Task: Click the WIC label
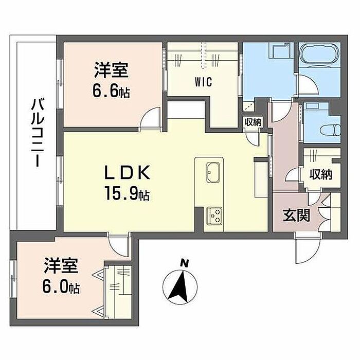(x=203, y=82)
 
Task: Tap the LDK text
(x=128, y=172)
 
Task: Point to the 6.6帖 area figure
(x=111, y=92)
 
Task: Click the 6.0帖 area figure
(x=61, y=287)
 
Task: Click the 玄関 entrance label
(x=296, y=215)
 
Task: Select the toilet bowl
(x=330, y=131)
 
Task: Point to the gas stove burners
(x=214, y=215)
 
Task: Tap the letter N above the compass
(x=184, y=263)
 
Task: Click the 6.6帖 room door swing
(x=151, y=119)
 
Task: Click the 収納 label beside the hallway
(x=320, y=175)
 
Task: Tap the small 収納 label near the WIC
(x=253, y=122)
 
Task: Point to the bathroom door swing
(x=308, y=84)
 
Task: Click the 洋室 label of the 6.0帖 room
(x=61, y=266)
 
